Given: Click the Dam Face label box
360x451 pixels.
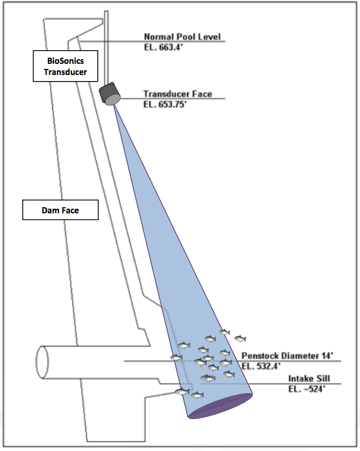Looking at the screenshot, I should [60, 210].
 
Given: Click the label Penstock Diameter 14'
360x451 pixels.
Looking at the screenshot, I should [287, 356].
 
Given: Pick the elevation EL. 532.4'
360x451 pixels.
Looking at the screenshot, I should [261, 365].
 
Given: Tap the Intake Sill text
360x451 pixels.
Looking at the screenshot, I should [309, 379].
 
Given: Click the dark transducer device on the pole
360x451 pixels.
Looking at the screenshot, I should [109, 92].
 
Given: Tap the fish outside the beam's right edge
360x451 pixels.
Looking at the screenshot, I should [240, 338].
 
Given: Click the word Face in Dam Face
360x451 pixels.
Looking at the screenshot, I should [71, 210].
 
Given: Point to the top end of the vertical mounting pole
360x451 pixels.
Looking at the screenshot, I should [105, 12].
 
